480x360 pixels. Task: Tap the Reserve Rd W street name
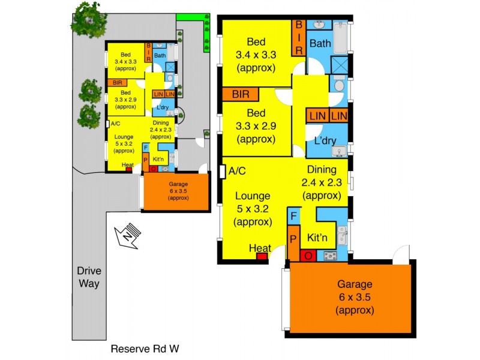coord(146,349)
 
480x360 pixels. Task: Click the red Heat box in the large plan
coord(262,257)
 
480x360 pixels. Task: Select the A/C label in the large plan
coord(238,171)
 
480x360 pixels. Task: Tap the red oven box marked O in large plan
coord(308,257)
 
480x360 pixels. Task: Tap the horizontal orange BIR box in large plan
coord(240,94)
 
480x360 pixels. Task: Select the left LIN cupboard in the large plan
coord(317,115)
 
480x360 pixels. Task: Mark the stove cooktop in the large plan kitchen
coord(331,256)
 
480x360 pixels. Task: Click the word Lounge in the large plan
coord(253,196)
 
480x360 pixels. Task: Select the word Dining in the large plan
coord(323,170)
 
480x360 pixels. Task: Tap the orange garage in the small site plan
coord(176,191)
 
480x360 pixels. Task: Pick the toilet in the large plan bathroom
coord(339,86)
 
